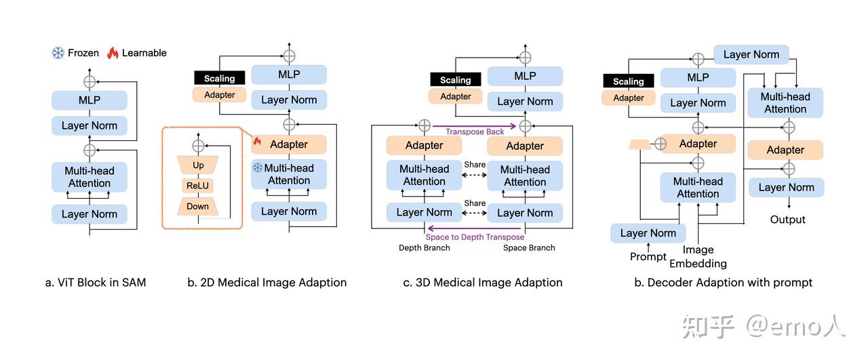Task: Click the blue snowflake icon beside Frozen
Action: tap(58, 53)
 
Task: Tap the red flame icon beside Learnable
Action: tap(113, 53)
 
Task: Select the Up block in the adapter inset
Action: tap(198, 165)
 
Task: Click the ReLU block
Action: tap(197, 186)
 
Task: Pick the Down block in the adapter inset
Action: tap(197, 206)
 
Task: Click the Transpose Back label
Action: tap(475, 132)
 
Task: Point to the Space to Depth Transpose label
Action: tap(475, 237)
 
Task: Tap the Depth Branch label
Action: tap(425, 247)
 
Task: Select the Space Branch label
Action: tap(529, 247)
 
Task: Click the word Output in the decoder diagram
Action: tap(787, 220)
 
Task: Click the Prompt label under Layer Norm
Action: tap(648, 256)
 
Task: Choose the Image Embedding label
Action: tap(698, 256)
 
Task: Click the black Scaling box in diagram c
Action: tap(455, 80)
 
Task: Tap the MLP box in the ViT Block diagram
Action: tap(90, 100)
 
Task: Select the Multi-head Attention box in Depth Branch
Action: tap(425, 175)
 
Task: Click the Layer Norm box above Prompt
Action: tap(648, 233)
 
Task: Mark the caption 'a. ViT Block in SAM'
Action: tap(96, 283)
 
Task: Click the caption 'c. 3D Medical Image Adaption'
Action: tap(482, 283)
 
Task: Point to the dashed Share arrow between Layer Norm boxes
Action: tap(474, 213)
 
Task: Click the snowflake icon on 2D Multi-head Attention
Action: tap(258, 167)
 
